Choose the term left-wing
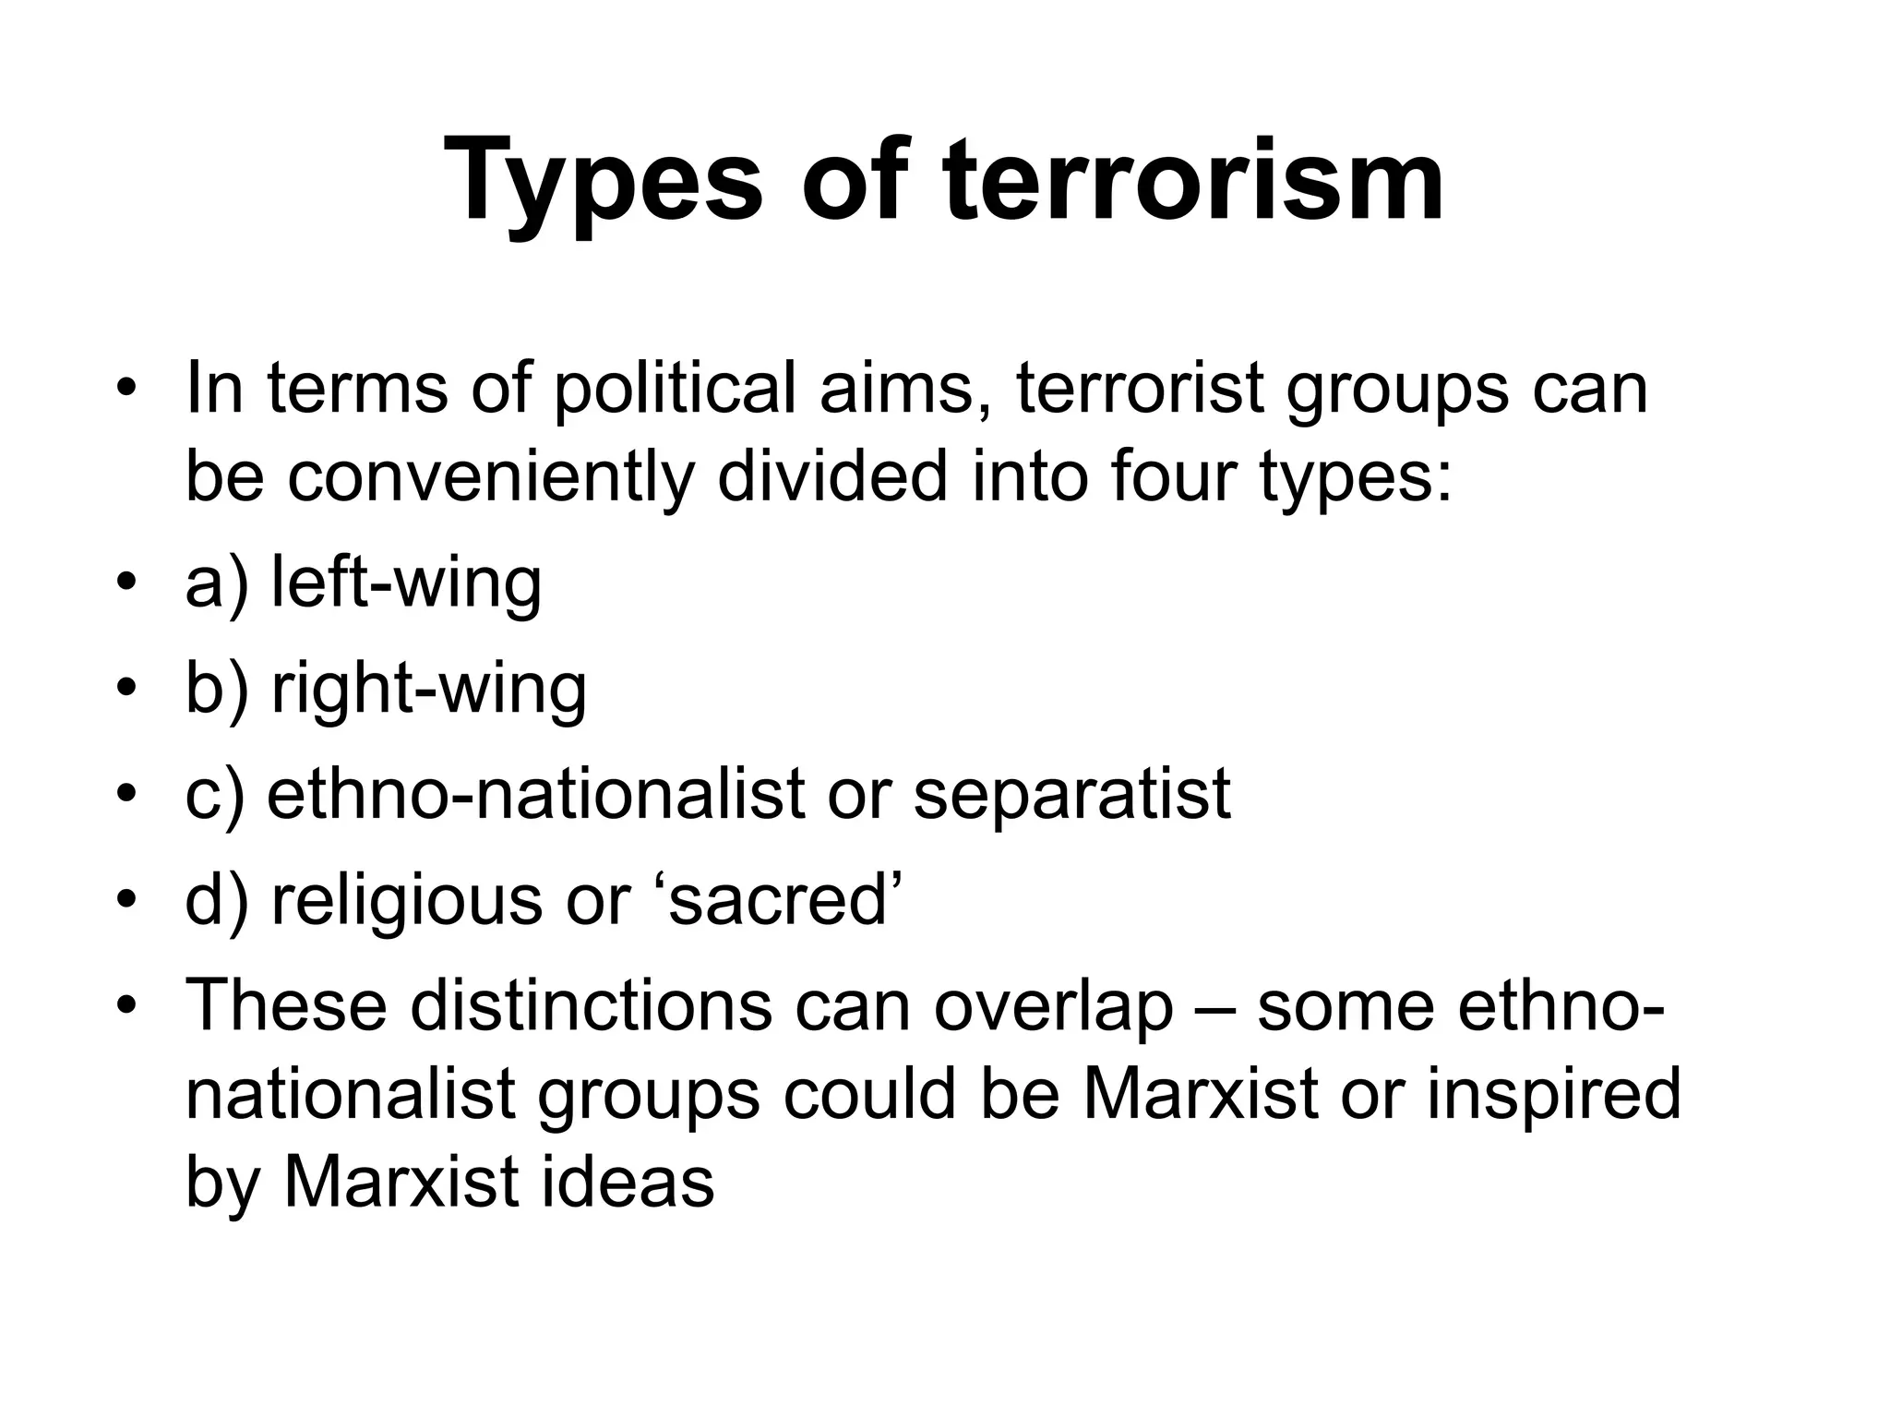point(406,583)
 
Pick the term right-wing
point(428,689)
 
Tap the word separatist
point(1071,794)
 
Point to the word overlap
point(1053,1006)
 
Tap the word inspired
point(1554,1095)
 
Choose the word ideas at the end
point(628,1182)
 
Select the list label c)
point(214,796)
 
